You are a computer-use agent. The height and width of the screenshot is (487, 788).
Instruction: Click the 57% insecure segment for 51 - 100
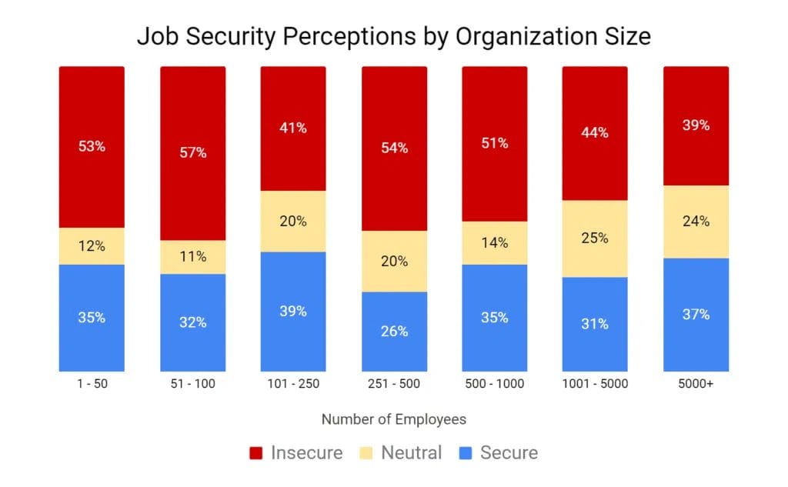point(192,153)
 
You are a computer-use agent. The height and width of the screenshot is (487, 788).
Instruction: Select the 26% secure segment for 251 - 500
point(394,332)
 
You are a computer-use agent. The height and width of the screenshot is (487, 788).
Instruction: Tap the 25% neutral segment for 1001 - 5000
point(595,238)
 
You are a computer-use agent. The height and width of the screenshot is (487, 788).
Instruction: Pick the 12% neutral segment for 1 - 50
point(92,246)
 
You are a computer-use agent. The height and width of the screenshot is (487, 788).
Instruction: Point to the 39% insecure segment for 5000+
point(696,125)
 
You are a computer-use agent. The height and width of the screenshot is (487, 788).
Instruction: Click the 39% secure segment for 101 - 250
point(293,312)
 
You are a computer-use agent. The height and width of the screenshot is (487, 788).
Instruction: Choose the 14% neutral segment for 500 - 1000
point(494,243)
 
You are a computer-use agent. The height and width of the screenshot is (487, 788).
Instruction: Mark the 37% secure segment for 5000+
point(696,315)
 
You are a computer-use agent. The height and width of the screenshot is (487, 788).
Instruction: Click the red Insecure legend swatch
point(257,453)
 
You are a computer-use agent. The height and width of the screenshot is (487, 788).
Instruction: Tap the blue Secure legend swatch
point(466,453)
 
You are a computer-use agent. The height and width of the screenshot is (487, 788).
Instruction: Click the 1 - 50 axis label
point(92,384)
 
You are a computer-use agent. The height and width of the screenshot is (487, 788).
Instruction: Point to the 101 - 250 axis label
point(293,384)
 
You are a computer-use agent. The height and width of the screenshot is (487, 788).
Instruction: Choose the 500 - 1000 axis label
point(494,384)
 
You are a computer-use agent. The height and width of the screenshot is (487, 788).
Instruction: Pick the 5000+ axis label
point(696,384)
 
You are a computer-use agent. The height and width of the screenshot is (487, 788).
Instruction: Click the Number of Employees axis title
point(393,420)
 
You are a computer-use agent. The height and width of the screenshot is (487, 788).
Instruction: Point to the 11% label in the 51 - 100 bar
point(192,257)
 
